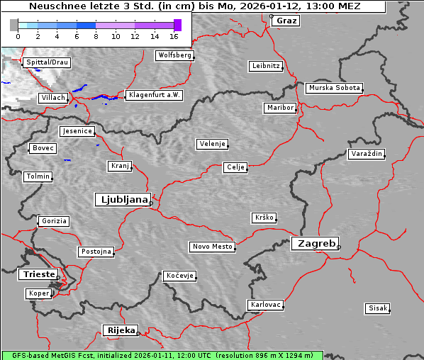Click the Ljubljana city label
pyautogui.click(x=122, y=199)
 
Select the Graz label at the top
pyautogui.click(x=286, y=21)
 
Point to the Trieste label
pyautogui.click(x=37, y=274)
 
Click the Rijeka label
pyautogui.click(x=121, y=330)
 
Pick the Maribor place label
pyautogui.click(x=279, y=108)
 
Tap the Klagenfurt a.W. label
pyautogui.click(x=154, y=95)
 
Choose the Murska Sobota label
pyautogui.click(x=335, y=89)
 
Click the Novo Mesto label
pyautogui.click(x=212, y=247)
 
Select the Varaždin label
pyautogui.click(x=367, y=154)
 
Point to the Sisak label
pyautogui.click(x=377, y=308)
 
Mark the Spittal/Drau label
pyautogui.click(x=47, y=62)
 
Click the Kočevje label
pyautogui.click(x=179, y=275)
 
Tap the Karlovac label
pyautogui.click(x=266, y=305)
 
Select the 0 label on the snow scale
pyautogui.click(x=18, y=35)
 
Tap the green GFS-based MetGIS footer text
pyautogui.click(x=162, y=355)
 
